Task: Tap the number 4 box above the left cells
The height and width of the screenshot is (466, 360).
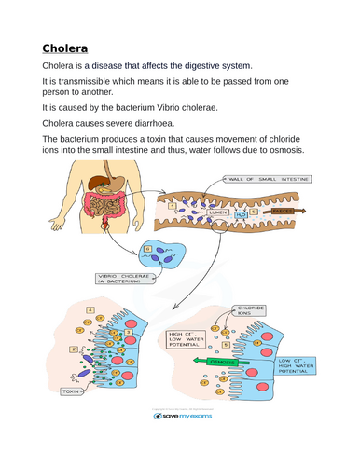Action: pyautogui.click(x=90, y=308)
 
